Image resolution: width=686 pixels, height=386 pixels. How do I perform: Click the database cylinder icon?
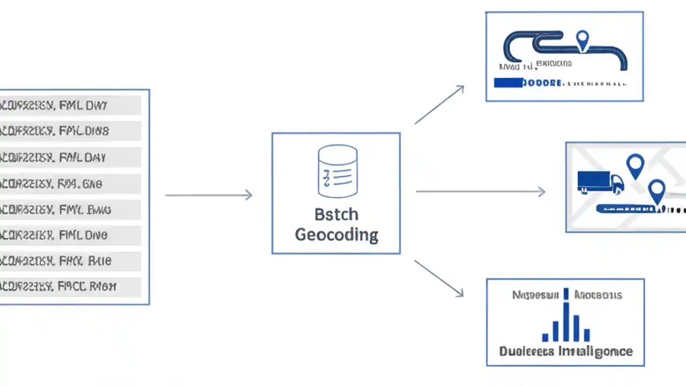(x=337, y=171)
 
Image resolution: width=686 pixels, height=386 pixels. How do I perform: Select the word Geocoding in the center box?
(x=337, y=234)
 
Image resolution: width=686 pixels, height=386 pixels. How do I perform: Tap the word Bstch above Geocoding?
(x=336, y=214)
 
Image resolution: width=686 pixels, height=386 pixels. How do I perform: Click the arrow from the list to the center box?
(x=208, y=195)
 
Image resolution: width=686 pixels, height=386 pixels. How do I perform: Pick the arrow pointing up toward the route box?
(x=439, y=105)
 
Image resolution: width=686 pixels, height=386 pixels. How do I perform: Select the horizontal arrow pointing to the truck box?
(x=480, y=191)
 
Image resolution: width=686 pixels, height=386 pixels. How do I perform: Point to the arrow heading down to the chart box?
(x=439, y=278)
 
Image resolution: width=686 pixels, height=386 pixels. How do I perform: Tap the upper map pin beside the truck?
(x=635, y=166)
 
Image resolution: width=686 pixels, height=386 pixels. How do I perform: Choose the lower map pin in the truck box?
(x=657, y=191)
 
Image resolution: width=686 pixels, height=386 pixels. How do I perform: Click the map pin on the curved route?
(x=582, y=40)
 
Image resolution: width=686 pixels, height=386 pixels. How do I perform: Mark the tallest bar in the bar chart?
(x=565, y=322)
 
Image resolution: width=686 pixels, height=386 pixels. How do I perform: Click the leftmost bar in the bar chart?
(x=546, y=337)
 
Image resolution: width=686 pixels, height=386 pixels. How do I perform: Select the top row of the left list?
(x=70, y=106)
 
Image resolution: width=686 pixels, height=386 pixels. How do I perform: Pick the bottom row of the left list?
(x=70, y=287)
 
